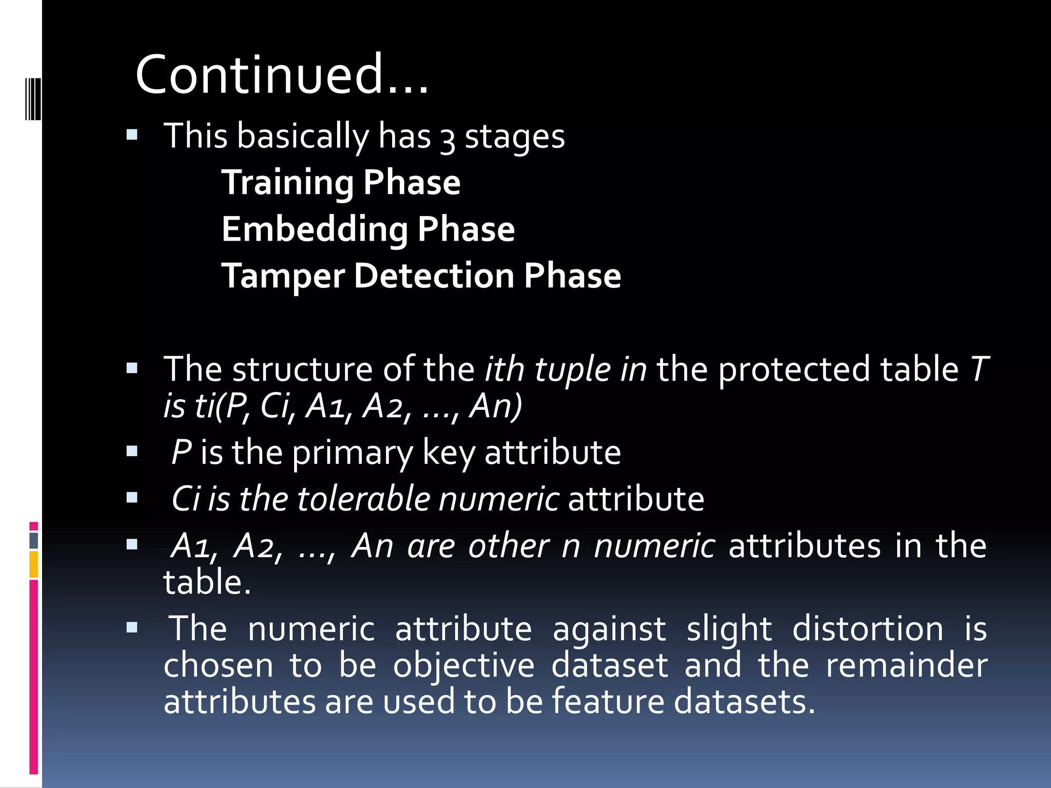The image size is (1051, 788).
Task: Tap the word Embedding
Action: (x=314, y=230)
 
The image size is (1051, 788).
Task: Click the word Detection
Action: (x=434, y=276)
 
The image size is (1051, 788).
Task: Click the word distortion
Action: (x=867, y=629)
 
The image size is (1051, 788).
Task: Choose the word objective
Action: (x=463, y=666)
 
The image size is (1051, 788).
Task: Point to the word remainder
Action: (x=906, y=666)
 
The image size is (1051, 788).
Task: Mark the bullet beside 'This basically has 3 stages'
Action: (x=132, y=135)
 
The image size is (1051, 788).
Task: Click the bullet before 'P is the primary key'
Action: (x=132, y=451)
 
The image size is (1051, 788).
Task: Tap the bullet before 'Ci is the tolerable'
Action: (x=132, y=498)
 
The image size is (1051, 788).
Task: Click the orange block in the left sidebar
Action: (x=34, y=564)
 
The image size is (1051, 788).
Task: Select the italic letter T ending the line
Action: (x=979, y=369)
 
